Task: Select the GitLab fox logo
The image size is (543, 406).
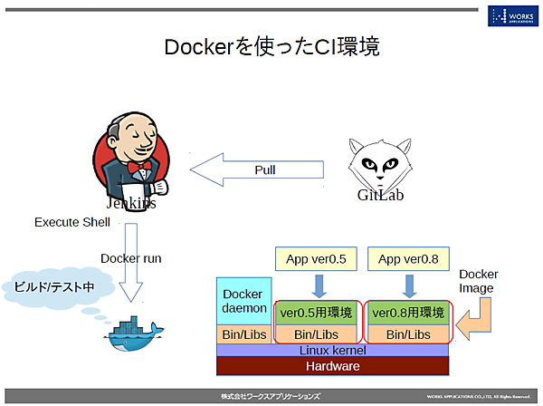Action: coord(379,163)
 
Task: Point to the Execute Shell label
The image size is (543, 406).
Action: coord(72,222)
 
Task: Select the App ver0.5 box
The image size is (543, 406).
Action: coord(317,260)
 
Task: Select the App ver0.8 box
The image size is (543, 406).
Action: coord(408,260)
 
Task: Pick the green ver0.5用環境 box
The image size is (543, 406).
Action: coord(318,314)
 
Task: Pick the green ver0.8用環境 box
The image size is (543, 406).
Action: coord(408,314)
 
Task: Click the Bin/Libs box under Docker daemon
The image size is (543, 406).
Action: coord(243,334)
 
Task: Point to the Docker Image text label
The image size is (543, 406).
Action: coord(479,281)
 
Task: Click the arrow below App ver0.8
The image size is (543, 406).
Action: coord(408,285)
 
